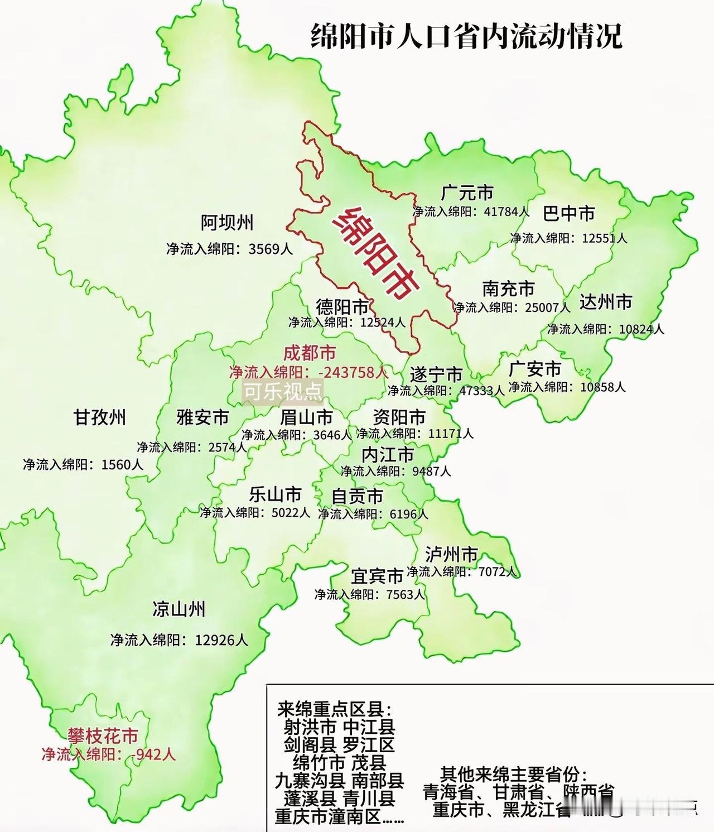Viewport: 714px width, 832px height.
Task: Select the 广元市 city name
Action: pos(467,193)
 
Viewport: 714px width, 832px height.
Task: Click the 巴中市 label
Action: pos(568,213)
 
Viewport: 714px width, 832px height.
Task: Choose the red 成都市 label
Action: pos(310,353)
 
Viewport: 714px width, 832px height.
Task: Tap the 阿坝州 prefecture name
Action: pos(227,223)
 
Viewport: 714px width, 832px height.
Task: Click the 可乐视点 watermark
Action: pos(283,392)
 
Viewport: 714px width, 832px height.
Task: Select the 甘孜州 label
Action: pos(100,417)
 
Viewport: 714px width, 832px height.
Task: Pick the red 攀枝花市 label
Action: pos(103,735)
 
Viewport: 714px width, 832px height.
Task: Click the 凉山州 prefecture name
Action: pos(178,609)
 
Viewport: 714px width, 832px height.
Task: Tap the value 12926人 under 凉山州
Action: pos(221,639)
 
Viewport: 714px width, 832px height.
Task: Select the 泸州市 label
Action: pos(451,554)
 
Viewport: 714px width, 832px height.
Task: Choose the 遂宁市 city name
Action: pos(436,374)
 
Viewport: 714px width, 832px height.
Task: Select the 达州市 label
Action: pos(605,302)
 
